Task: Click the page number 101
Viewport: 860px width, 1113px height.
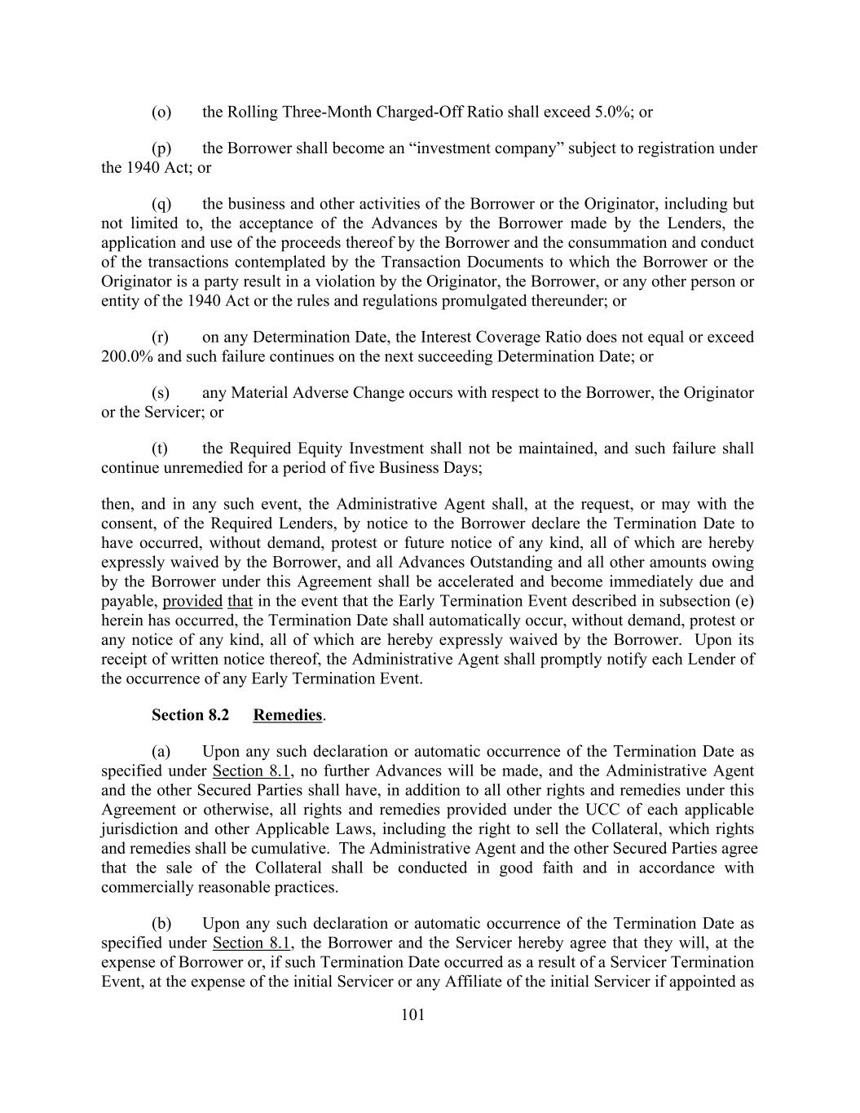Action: pos(413,1015)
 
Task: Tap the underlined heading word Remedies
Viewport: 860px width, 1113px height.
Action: pos(288,715)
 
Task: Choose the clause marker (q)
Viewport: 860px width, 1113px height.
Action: pos(161,204)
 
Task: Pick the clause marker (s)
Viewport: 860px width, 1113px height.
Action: pos(161,393)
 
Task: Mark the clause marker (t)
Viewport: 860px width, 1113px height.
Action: pos(160,448)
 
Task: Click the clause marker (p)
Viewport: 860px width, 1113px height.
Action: pos(161,148)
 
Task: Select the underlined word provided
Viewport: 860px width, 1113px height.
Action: pos(192,602)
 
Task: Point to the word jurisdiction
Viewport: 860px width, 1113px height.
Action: pos(139,829)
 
